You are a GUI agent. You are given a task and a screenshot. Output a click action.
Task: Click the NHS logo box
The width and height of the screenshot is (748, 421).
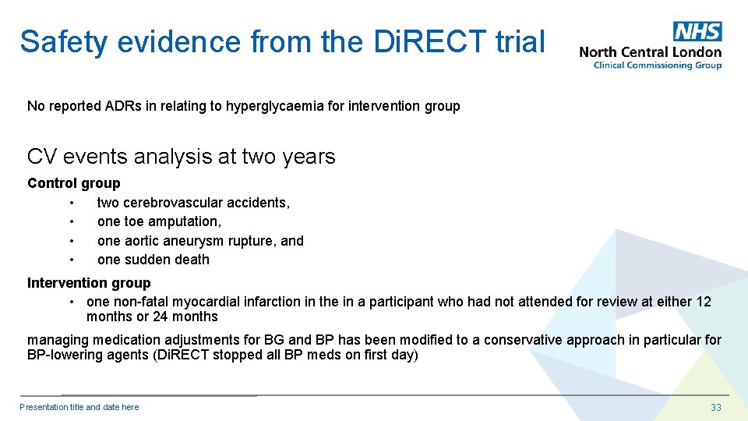(697, 31)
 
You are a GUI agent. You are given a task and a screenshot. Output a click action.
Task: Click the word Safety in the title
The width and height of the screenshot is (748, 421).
(63, 41)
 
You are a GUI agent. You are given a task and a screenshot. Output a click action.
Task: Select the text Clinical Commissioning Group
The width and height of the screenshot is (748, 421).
(657, 65)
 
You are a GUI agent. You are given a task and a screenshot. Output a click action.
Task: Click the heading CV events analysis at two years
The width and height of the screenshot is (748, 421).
(181, 157)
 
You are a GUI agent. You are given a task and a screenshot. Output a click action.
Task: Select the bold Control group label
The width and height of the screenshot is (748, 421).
(74, 183)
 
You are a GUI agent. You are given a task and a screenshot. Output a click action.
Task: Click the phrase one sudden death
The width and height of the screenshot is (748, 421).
(153, 260)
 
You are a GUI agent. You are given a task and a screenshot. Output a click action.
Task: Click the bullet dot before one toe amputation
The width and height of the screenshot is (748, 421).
(71, 222)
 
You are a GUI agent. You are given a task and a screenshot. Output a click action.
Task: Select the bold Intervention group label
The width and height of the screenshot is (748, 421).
(89, 283)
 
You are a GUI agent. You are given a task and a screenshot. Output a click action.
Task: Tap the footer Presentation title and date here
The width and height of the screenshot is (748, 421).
(79, 407)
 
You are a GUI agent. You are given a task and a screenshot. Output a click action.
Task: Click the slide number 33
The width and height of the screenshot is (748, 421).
(715, 407)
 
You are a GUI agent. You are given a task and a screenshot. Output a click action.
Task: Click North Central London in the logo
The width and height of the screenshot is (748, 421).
(650, 52)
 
